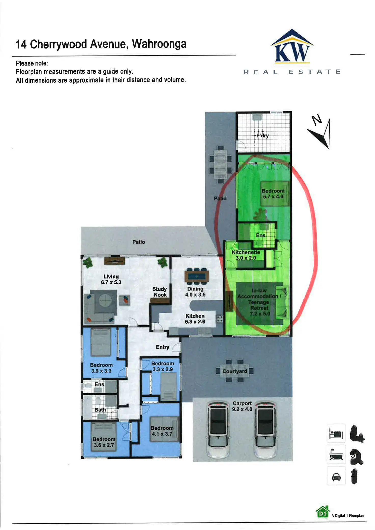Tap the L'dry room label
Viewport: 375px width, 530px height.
click(x=262, y=136)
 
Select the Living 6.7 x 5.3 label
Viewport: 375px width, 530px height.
click(x=111, y=279)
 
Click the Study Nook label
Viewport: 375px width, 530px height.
click(x=160, y=292)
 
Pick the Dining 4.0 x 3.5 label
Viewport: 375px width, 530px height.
click(x=195, y=292)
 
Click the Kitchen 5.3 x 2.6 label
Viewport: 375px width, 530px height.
click(x=195, y=319)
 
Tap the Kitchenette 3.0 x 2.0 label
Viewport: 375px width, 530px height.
click(x=246, y=255)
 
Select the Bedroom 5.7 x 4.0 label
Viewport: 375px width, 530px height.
click(x=273, y=194)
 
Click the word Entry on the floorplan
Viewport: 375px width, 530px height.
click(x=163, y=347)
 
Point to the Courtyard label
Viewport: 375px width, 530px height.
click(x=235, y=371)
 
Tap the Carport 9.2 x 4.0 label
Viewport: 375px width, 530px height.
click(x=242, y=406)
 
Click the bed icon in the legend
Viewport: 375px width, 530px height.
click(x=336, y=433)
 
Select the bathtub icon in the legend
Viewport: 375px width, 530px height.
click(x=336, y=455)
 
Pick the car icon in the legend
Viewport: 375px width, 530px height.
click(x=336, y=476)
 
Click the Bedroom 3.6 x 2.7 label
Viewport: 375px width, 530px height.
click(x=104, y=442)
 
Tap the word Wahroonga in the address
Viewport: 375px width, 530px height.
click(x=159, y=44)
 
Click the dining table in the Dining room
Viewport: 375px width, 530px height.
click(x=196, y=276)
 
